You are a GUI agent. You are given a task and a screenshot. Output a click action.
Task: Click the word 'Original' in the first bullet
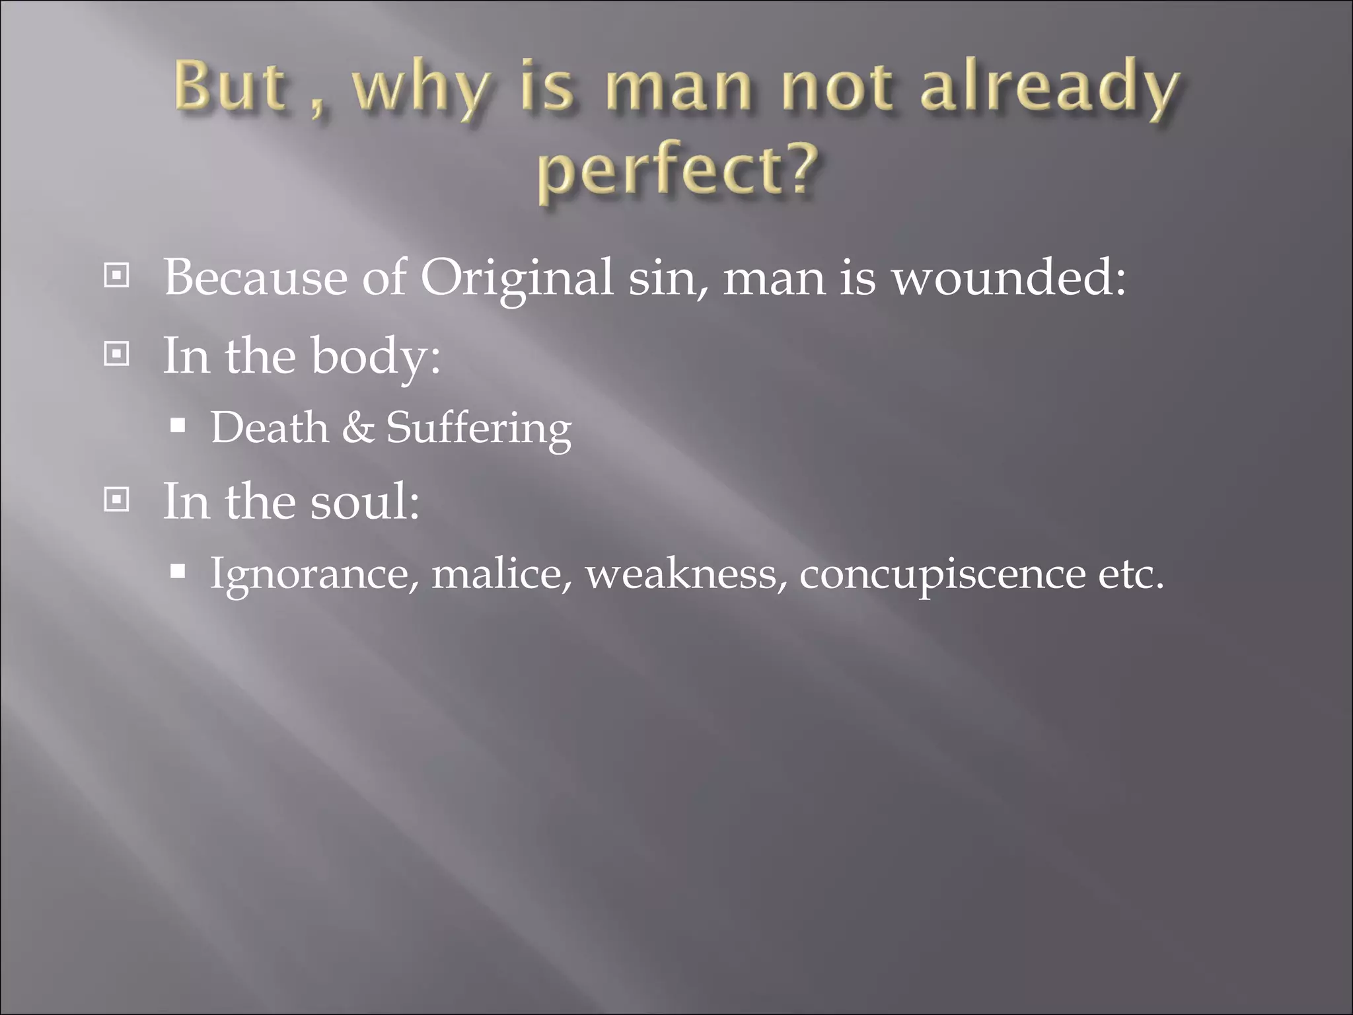coord(516,278)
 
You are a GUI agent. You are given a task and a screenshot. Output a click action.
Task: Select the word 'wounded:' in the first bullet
coord(1009,277)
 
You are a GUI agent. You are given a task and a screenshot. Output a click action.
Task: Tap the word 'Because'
coord(255,277)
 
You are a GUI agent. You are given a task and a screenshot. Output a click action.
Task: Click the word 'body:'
coord(375,357)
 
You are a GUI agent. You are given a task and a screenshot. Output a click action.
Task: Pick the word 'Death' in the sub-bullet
coord(269,428)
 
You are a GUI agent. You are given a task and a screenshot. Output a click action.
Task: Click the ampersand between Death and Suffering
coord(357,428)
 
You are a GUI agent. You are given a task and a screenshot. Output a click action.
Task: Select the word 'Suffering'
coord(478,429)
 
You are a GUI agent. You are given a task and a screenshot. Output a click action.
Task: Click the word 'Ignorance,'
coord(314,574)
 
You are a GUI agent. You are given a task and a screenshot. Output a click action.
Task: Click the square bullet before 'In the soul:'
coord(117,500)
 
